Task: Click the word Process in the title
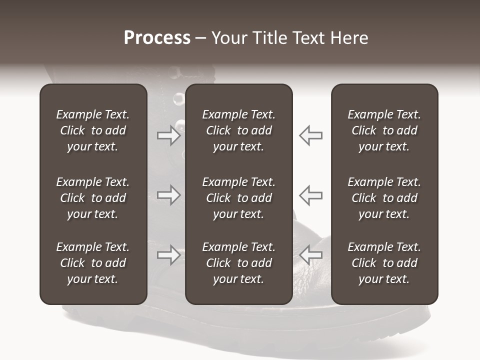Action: pyautogui.click(x=157, y=38)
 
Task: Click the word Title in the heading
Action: pyautogui.click(x=267, y=38)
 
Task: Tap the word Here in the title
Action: pyautogui.click(x=348, y=38)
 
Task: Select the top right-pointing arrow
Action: pyautogui.click(x=168, y=135)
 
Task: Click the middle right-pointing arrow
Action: pyautogui.click(x=168, y=195)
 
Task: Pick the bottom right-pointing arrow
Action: pyautogui.click(x=168, y=255)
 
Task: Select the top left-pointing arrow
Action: pyautogui.click(x=311, y=135)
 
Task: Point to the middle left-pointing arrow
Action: pyautogui.click(x=311, y=195)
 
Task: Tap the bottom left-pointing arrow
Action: pyautogui.click(x=311, y=255)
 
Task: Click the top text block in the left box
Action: pyautogui.click(x=93, y=130)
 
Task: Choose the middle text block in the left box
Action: pyautogui.click(x=93, y=198)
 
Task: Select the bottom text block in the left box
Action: pyautogui.click(x=93, y=263)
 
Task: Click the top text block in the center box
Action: pyautogui.click(x=239, y=130)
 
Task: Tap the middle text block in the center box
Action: pyautogui.click(x=239, y=198)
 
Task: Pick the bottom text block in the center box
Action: pyautogui.click(x=239, y=263)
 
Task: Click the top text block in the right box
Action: pyautogui.click(x=384, y=130)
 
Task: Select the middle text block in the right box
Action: pyautogui.click(x=384, y=198)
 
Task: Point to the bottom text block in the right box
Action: pyautogui.click(x=384, y=263)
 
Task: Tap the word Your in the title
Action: pyautogui.click(x=227, y=38)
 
